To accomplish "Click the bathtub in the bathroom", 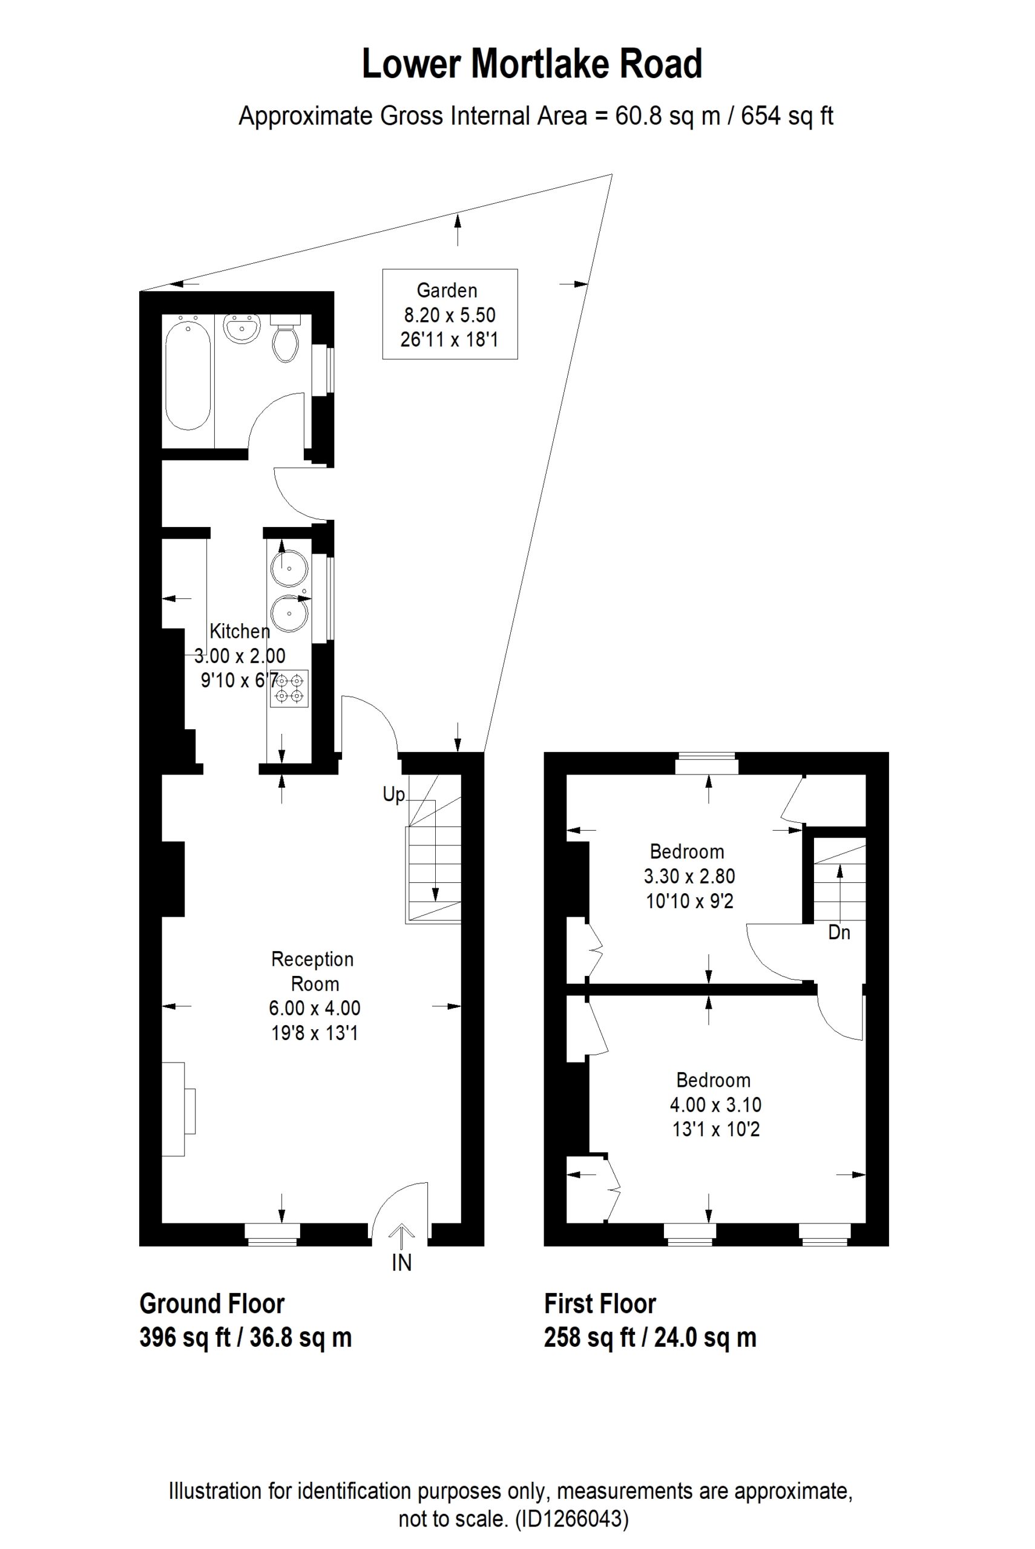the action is pyautogui.click(x=188, y=373).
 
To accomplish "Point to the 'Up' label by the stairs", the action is pyautogui.click(x=393, y=794).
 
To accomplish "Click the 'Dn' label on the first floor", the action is pyautogui.click(x=839, y=932).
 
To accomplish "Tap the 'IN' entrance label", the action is pyautogui.click(x=401, y=1262).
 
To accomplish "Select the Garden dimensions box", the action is pyautogui.click(x=450, y=314).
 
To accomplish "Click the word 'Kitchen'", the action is pyautogui.click(x=240, y=631).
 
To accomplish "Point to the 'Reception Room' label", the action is pyautogui.click(x=313, y=971).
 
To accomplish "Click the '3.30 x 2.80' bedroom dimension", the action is pyautogui.click(x=689, y=876).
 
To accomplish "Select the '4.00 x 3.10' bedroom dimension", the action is pyautogui.click(x=715, y=1104).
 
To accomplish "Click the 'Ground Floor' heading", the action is pyautogui.click(x=212, y=1305).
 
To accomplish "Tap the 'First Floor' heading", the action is pyautogui.click(x=600, y=1305).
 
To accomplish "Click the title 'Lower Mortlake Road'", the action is pyautogui.click(x=532, y=64).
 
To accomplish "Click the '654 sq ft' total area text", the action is pyautogui.click(x=787, y=116).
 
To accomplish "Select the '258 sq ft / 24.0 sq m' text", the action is pyautogui.click(x=650, y=1337).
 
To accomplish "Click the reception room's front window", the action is pyautogui.click(x=272, y=1234).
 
